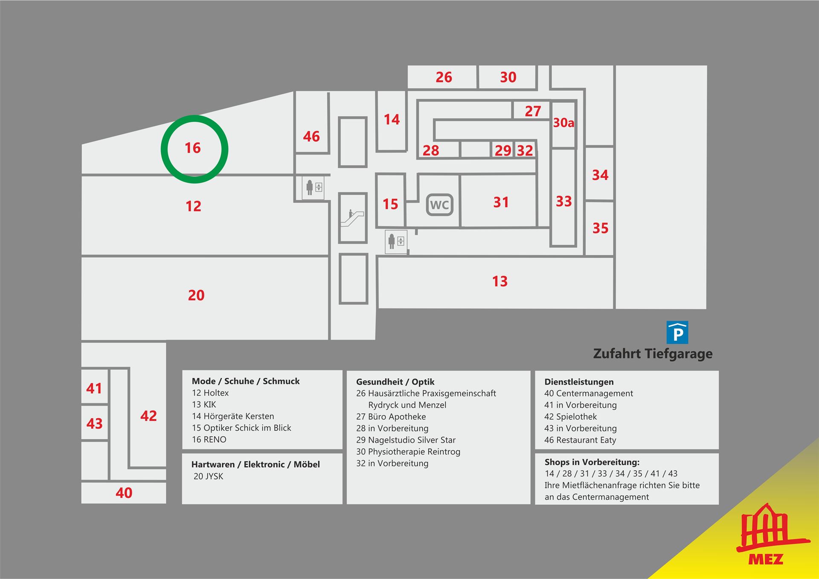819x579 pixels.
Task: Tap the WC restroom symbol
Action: [439, 205]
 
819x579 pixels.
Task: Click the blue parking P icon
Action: [677, 333]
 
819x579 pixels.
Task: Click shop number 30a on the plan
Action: [563, 123]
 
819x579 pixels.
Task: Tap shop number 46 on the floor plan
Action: [311, 136]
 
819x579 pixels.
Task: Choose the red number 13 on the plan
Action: [500, 281]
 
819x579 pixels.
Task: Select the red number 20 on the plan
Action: [196, 295]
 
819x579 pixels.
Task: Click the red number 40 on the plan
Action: [124, 493]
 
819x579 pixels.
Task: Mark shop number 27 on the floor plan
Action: [533, 111]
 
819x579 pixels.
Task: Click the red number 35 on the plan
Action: [600, 228]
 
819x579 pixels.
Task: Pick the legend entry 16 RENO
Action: [209, 440]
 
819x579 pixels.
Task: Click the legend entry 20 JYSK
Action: [208, 476]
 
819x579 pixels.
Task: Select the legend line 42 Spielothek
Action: [570, 417]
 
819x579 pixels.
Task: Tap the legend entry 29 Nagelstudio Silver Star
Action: [406, 440]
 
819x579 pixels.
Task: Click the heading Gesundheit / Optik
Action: [395, 382]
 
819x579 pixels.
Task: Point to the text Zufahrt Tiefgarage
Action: [653, 354]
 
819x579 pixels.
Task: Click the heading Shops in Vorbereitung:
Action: [592, 462]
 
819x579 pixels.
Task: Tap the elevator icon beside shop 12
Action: [314, 187]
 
